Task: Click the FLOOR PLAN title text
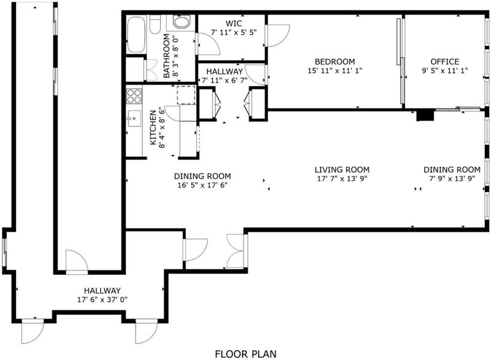246,354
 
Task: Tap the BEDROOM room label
334,61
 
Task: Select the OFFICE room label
444,61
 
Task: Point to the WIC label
234,23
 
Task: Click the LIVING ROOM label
342,170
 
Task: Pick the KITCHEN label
153,128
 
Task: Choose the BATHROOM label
166,56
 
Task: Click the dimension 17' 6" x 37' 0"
102,300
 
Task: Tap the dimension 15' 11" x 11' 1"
334,71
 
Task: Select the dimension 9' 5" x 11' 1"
444,71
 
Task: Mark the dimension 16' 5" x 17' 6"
203,185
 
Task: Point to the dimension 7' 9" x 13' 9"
452,178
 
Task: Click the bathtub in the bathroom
136,35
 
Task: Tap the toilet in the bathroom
155,25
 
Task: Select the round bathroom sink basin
181,22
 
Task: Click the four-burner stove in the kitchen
134,96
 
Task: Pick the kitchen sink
134,119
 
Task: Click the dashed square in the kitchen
187,95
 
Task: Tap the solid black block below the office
425,115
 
